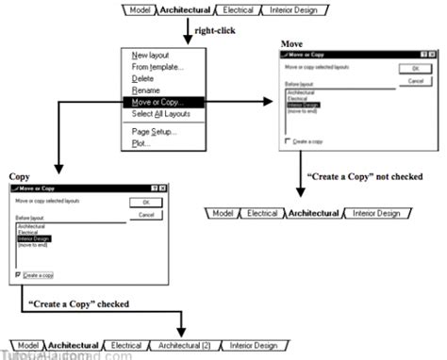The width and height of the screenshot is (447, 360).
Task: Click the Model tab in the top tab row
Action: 139,11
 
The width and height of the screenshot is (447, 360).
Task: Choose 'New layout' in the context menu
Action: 152,56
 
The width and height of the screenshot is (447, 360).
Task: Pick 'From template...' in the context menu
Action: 157,67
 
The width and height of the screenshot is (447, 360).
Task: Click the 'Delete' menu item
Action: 143,78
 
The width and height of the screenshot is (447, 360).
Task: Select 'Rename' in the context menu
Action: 146,90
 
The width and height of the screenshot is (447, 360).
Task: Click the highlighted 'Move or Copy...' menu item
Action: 159,102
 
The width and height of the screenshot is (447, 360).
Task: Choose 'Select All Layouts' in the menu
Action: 161,113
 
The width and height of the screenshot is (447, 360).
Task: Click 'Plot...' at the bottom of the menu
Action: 141,142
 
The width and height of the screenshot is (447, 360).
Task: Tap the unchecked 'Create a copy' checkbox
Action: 289,139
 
